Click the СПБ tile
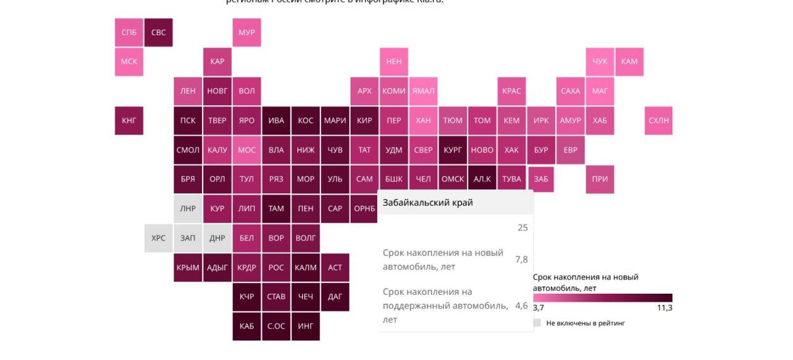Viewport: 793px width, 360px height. (129, 32)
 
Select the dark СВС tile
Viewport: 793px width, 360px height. (159, 32)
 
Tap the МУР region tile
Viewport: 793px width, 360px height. (247, 32)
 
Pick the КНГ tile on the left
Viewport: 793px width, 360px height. (129, 120)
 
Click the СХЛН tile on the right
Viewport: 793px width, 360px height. (659, 120)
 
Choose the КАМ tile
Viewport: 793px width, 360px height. (629, 61)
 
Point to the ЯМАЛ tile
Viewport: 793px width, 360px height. (423, 91)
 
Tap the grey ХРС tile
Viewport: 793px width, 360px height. (159, 238)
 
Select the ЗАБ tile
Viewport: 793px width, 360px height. (541, 179)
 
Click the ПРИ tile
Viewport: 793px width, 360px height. (600, 179)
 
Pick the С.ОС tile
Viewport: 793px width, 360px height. (276, 326)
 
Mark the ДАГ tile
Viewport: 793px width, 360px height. (335, 297)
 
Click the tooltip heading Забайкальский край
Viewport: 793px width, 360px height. (427, 203)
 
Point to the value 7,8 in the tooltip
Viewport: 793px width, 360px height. (522, 260)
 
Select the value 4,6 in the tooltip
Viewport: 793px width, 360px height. (522, 305)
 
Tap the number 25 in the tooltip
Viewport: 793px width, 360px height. (522, 227)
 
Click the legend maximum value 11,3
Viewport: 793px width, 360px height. (664, 308)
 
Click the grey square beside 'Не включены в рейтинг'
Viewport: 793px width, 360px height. (537, 323)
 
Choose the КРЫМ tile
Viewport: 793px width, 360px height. (188, 268)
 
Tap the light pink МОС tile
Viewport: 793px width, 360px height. (247, 150)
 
